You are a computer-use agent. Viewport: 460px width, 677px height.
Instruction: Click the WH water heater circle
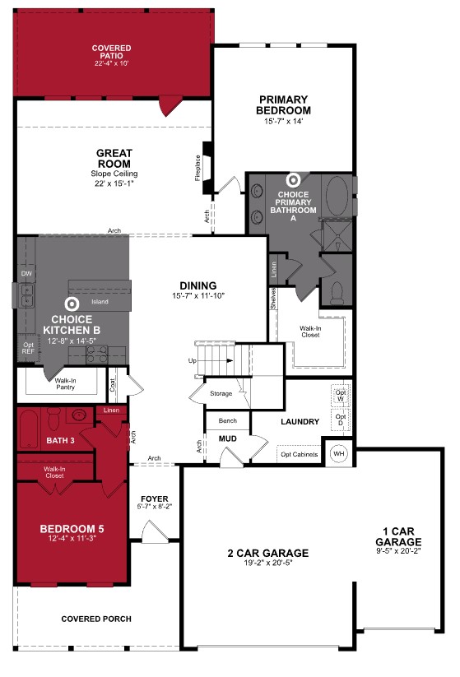338,453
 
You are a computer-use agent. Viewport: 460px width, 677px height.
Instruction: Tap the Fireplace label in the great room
197,169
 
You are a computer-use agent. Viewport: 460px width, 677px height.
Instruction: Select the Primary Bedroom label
283,105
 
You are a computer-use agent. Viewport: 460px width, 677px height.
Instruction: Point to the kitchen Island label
100,302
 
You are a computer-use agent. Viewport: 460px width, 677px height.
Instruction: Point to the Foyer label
155,498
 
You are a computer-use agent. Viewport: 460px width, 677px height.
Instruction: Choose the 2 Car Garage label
269,553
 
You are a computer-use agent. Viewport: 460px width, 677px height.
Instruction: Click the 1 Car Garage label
398,537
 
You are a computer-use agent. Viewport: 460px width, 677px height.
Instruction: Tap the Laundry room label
300,422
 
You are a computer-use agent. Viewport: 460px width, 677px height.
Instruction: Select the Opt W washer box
340,396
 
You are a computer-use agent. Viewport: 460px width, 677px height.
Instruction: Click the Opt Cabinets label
298,453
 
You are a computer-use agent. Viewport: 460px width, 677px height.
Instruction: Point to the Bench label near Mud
227,421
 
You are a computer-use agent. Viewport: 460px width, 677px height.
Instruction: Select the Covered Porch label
96,619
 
